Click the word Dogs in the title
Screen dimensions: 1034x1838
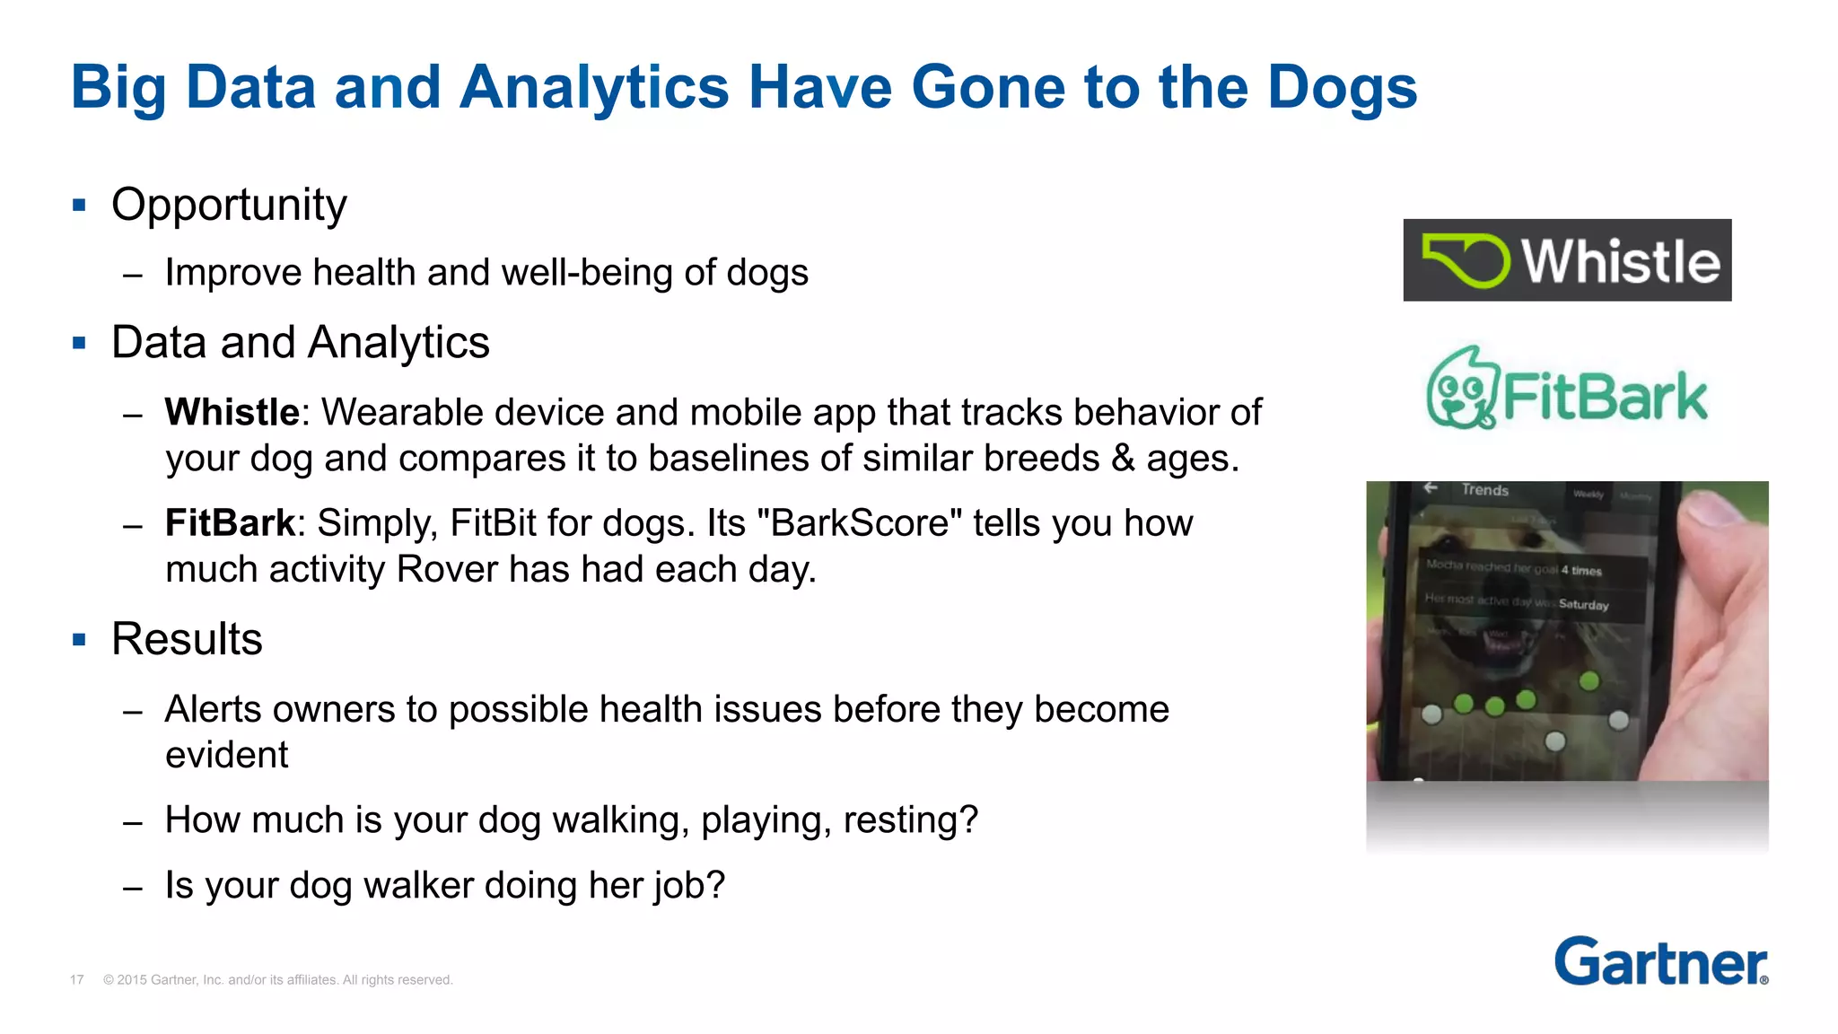[x=1342, y=88]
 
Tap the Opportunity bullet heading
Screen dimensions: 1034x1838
[x=229, y=205]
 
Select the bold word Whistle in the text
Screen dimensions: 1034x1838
[x=232, y=412]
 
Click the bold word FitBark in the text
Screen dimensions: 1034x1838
[x=230, y=523]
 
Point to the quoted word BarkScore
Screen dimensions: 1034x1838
[x=859, y=523]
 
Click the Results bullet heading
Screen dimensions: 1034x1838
[x=187, y=639]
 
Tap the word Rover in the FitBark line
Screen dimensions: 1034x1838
[x=440, y=570]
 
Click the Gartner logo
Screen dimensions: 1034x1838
[x=1660, y=962]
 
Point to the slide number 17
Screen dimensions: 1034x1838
[x=77, y=980]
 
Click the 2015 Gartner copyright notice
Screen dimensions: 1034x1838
[x=277, y=980]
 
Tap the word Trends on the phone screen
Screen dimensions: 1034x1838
[x=1484, y=490]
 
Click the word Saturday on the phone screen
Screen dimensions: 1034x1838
[x=1583, y=605]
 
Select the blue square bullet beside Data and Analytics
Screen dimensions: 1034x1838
[x=79, y=343]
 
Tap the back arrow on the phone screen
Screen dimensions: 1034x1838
[x=1431, y=487]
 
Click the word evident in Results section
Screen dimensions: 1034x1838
[x=226, y=755]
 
